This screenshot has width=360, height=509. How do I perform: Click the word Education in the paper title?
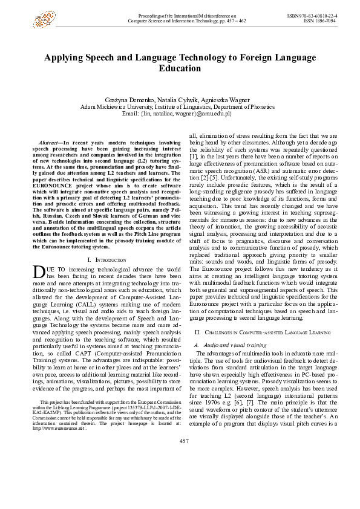(179, 68)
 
